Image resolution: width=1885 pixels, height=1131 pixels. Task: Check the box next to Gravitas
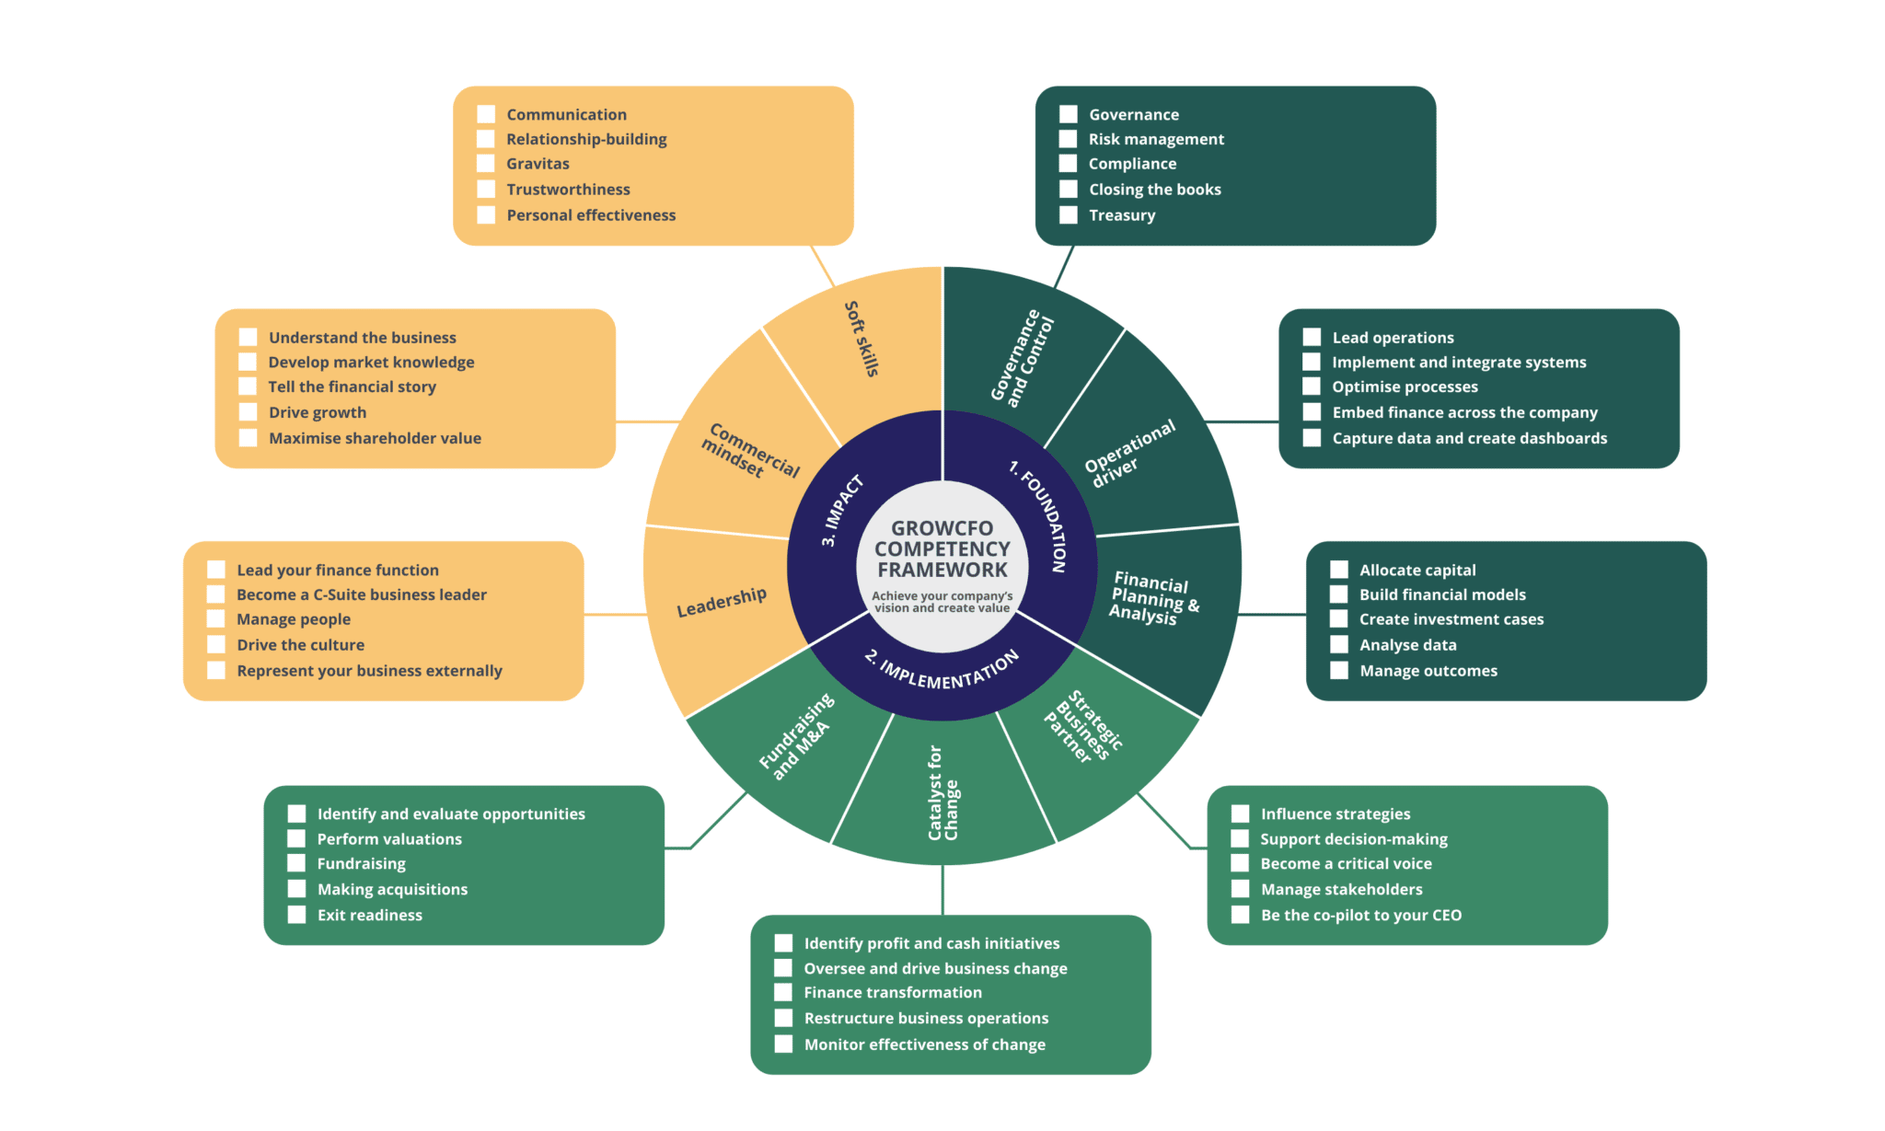click(x=486, y=164)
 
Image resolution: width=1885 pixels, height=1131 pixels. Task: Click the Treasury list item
click(x=1121, y=215)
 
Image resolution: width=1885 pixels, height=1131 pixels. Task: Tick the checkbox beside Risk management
click(x=1068, y=139)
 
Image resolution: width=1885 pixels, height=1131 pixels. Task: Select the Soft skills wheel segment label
click(x=862, y=339)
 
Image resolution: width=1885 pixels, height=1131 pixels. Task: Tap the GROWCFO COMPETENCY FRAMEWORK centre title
click(x=942, y=549)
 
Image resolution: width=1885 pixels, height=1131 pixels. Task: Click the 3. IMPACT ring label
click(x=842, y=511)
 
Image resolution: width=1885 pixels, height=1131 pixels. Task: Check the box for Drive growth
click(x=248, y=412)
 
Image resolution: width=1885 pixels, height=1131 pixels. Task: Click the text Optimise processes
click(x=1405, y=387)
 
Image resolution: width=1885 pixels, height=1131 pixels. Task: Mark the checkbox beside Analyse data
click(x=1339, y=645)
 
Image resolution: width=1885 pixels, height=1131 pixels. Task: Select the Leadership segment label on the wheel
click(x=721, y=602)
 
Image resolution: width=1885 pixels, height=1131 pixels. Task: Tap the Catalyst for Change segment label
click(x=942, y=793)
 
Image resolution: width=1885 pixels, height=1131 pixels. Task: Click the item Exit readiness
click(x=369, y=916)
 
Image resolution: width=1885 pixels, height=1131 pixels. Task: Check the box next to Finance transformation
click(x=783, y=993)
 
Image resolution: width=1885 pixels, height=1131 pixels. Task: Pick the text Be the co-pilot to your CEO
click(x=1360, y=916)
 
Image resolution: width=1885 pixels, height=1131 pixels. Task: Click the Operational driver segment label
click(x=1128, y=453)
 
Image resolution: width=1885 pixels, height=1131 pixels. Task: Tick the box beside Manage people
click(x=216, y=619)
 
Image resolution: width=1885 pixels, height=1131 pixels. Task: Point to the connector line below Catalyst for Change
click(x=942, y=889)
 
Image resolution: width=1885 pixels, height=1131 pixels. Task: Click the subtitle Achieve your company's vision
click(x=942, y=602)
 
